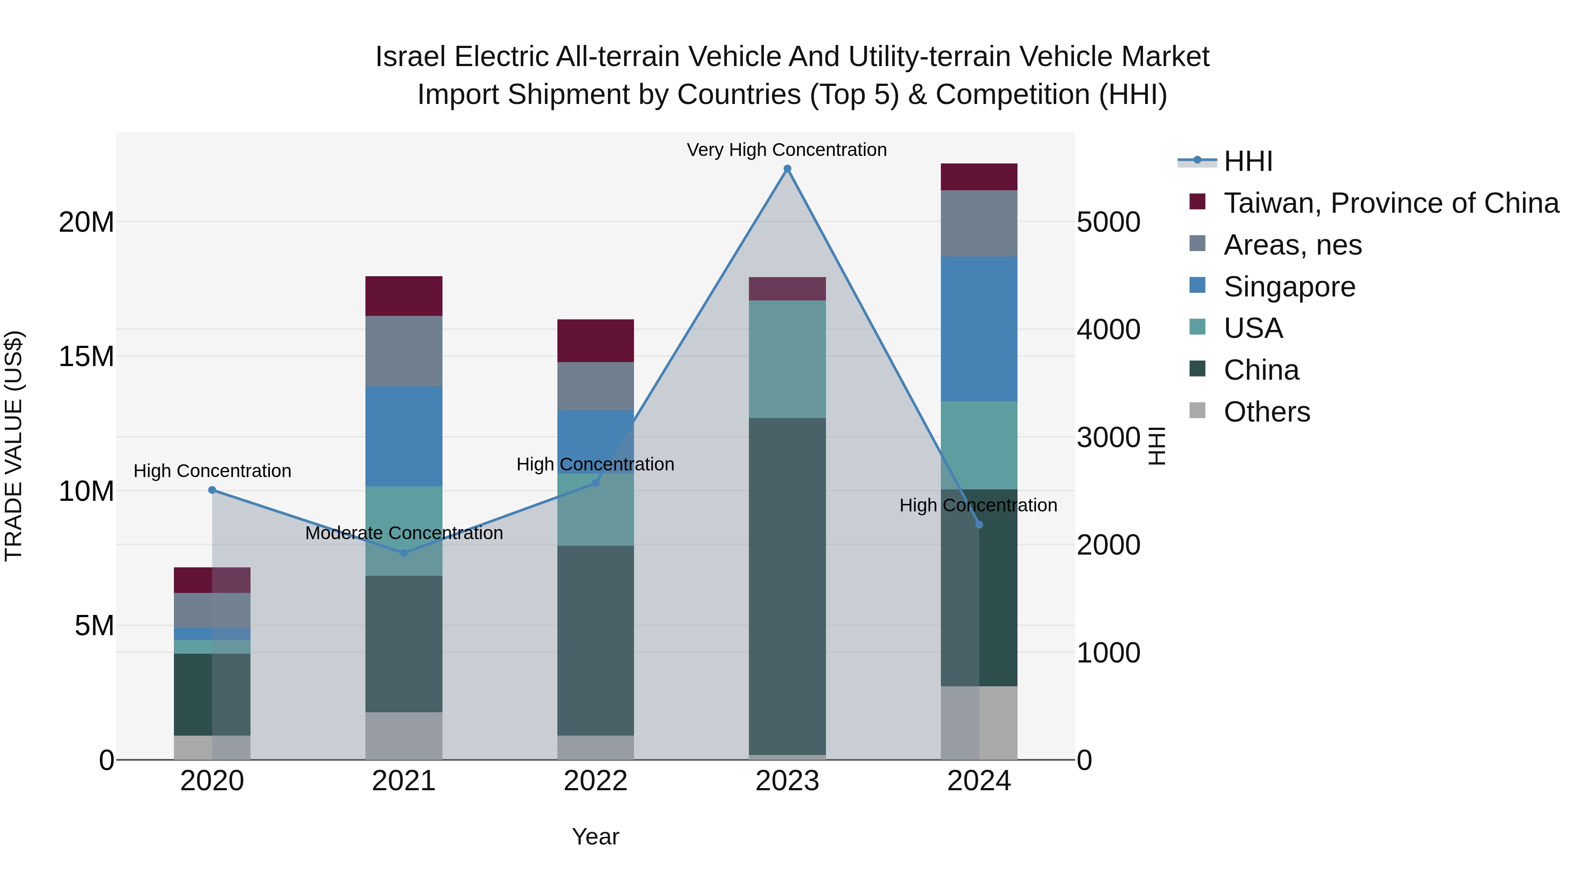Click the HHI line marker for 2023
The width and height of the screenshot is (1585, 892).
(x=787, y=169)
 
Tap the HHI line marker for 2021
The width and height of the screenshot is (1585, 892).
(x=404, y=553)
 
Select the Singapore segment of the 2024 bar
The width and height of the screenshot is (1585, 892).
(x=978, y=329)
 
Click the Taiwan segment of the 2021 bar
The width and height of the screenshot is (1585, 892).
(x=404, y=296)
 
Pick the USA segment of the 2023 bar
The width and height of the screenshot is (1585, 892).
(x=787, y=359)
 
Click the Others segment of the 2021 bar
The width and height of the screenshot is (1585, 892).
(x=404, y=736)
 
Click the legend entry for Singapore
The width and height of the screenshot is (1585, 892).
(x=1289, y=287)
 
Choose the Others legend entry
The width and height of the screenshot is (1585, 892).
(x=1266, y=412)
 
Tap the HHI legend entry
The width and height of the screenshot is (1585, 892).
(x=1248, y=161)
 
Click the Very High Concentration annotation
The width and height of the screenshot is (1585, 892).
(x=786, y=150)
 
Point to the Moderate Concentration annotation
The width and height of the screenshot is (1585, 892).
(x=404, y=533)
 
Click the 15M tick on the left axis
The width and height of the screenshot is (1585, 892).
(x=86, y=356)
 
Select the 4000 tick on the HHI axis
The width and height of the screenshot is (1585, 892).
(x=1108, y=329)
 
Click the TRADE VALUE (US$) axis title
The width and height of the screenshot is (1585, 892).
(x=14, y=446)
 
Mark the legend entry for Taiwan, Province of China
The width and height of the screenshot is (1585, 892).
(x=1390, y=203)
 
